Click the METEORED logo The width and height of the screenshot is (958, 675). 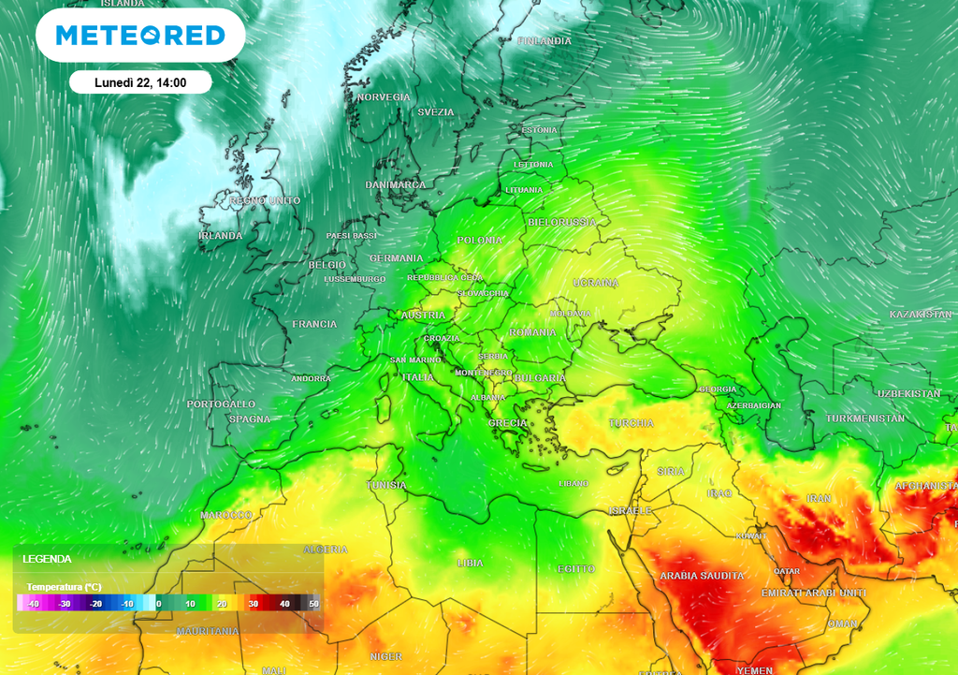[x=140, y=36]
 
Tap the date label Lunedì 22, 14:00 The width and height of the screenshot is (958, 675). [x=140, y=82]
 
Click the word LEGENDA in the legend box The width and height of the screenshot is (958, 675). [x=48, y=559]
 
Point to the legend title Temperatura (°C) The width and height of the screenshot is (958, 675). [x=64, y=587]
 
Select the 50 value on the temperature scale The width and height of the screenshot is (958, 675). [x=314, y=604]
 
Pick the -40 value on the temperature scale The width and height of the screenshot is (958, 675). [x=34, y=604]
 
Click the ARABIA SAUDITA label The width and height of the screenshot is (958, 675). [x=702, y=576]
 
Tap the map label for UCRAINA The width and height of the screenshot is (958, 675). [x=596, y=283]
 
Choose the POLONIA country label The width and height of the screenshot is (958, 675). [x=480, y=241]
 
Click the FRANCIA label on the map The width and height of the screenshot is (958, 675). [x=314, y=324]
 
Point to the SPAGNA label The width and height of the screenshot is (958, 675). [x=250, y=419]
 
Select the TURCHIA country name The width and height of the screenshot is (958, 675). [x=631, y=423]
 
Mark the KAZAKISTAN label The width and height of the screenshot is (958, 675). [x=921, y=315]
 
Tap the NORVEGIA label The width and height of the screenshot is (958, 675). [x=384, y=97]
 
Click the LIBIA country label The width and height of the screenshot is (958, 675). [x=470, y=563]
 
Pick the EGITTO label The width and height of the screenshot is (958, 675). [x=575, y=569]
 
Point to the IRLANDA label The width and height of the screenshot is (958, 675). [x=221, y=236]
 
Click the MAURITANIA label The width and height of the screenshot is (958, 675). [x=208, y=631]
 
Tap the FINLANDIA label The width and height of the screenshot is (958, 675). [x=544, y=41]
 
